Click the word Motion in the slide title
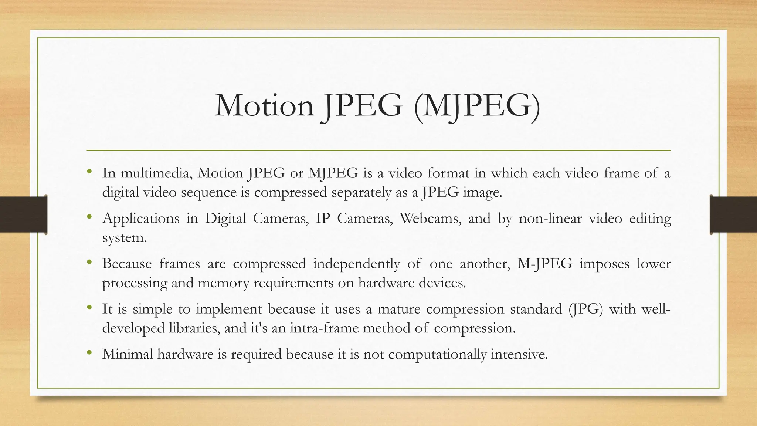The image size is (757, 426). [x=264, y=106]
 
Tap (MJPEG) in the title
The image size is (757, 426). [x=477, y=106]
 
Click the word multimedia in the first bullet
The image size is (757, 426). [x=156, y=173]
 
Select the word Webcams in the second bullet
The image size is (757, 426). [x=431, y=219]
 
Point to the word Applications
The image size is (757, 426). [x=141, y=219]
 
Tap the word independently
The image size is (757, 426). [x=356, y=264]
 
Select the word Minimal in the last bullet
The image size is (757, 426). [x=128, y=354]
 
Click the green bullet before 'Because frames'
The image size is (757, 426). [x=89, y=262]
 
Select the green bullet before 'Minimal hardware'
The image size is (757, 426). [x=89, y=353]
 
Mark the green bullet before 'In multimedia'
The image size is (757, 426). [x=89, y=172]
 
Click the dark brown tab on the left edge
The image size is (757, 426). [x=23, y=214]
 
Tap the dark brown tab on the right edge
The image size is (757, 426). [x=733, y=214]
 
